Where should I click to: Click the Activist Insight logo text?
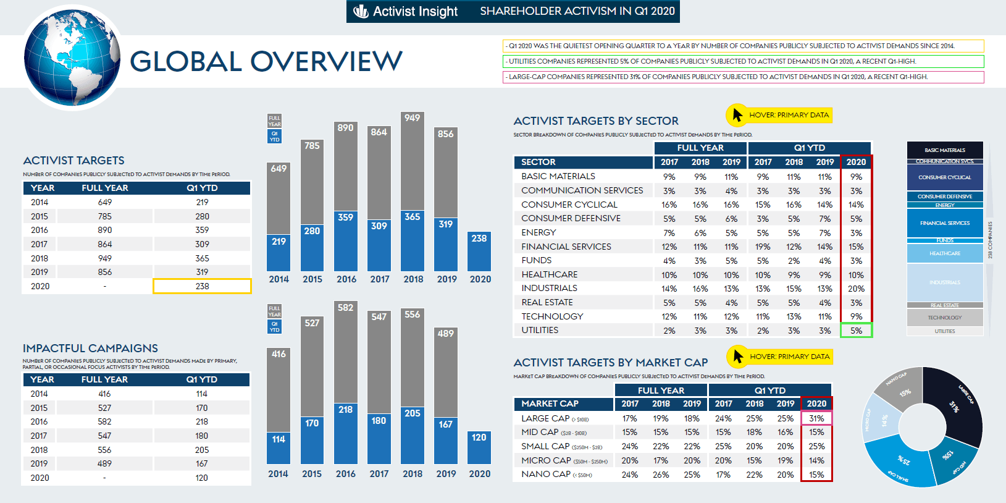pos(414,11)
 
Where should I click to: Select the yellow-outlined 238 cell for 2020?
pos(202,286)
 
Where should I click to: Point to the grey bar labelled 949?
pos(413,161)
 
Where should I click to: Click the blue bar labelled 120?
pos(479,447)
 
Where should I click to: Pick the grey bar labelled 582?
pos(346,352)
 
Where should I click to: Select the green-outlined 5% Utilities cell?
pos(856,331)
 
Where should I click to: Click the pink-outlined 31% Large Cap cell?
pos(816,418)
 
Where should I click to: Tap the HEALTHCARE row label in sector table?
pos(550,274)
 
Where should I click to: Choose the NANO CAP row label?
pos(546,474)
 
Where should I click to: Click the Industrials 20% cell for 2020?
pos(856,289)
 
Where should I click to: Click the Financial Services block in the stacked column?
pos(945,223)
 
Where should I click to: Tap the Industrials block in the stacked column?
pos(945,282)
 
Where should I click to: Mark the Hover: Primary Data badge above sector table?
pos(779,115)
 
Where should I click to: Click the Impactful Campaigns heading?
pos(90,349)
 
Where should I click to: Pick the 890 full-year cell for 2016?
pos(105,230)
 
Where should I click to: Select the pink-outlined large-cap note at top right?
pos(743,77)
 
